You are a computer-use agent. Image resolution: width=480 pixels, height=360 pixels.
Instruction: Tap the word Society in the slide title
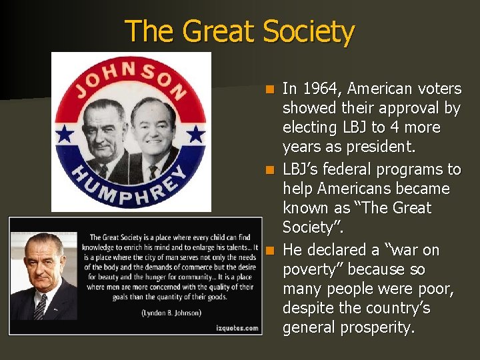click(x=309, y=31)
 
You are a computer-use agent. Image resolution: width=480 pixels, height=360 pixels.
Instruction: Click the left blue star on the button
click(x=65, y=135)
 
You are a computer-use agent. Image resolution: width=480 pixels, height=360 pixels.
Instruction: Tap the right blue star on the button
click(x=195, y=135)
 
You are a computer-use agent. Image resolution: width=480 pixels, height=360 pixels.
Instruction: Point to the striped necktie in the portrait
click(x=42, y=307)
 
